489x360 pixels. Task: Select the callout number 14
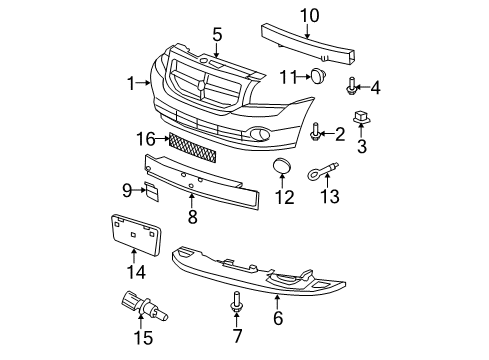135,272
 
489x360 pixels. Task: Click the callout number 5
217,34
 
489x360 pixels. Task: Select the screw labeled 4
352,87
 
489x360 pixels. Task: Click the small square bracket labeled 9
153,192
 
